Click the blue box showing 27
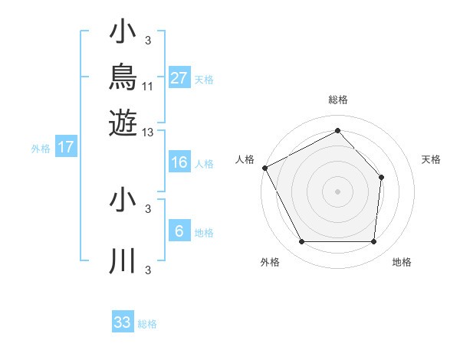click(179, 77)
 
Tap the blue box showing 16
click(179, 162)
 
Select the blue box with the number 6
click(179, 230)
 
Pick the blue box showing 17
click(66, 146)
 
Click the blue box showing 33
click(123, 321)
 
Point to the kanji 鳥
click(123, 77)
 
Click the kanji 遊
click(123, 123)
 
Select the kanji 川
click(123, 260)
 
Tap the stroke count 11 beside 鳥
click(147, 87)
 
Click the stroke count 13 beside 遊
click(147, 133)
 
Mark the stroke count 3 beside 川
click(148, 270)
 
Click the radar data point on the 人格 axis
click(265, 168)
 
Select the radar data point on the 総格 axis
click(337, 130)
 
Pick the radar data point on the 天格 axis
click(381, 178)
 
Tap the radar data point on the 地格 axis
click(374, 241)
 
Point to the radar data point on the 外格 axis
click(302, 241)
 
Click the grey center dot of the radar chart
click(337, 191)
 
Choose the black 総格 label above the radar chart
click(338, 100)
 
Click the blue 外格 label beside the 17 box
click(41, 149)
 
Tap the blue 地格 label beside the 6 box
click(204, 233)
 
